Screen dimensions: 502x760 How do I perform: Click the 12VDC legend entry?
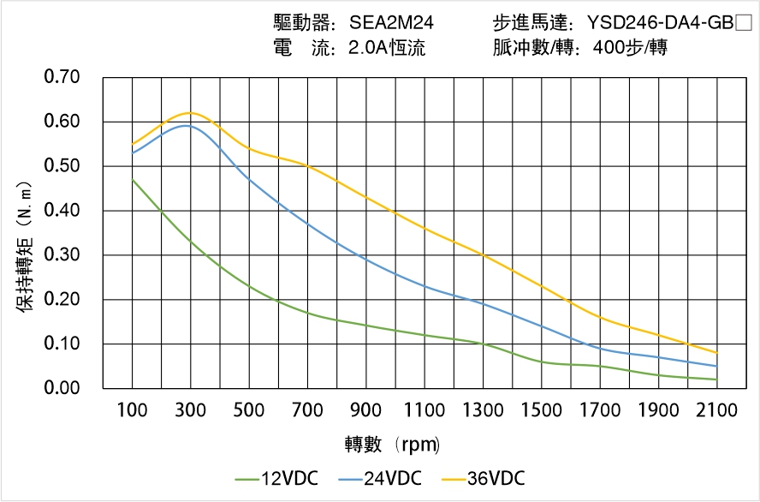[x=277, y=478]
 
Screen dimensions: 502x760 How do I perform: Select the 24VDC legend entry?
[x=380, y=478]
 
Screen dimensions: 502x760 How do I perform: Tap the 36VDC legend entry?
[x=484, y=478]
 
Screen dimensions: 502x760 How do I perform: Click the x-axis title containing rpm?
[x=392, y=445]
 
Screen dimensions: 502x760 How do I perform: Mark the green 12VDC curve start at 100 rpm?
[x=132, y=179]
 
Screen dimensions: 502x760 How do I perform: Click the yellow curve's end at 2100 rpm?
[x=716, y=353]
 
